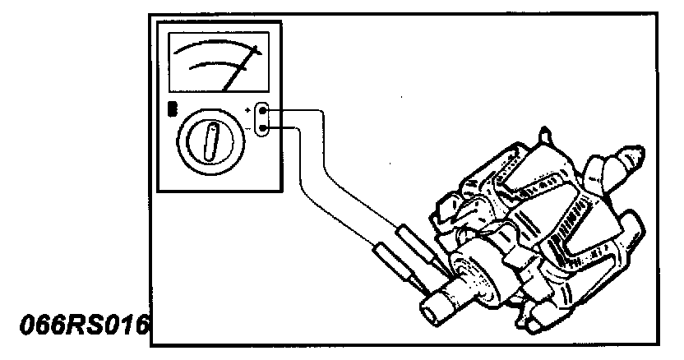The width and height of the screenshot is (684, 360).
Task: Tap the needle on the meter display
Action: tap(239, 69)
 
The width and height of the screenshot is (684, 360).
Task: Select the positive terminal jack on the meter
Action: tap(262, 109)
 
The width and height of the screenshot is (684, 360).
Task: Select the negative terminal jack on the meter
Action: tap(262, 127)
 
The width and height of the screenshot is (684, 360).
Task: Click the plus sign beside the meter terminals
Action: tap(247, 108)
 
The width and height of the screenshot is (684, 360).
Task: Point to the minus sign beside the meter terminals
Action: tap(247, 127)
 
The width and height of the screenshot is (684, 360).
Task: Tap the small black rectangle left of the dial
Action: tap(172, 110)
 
